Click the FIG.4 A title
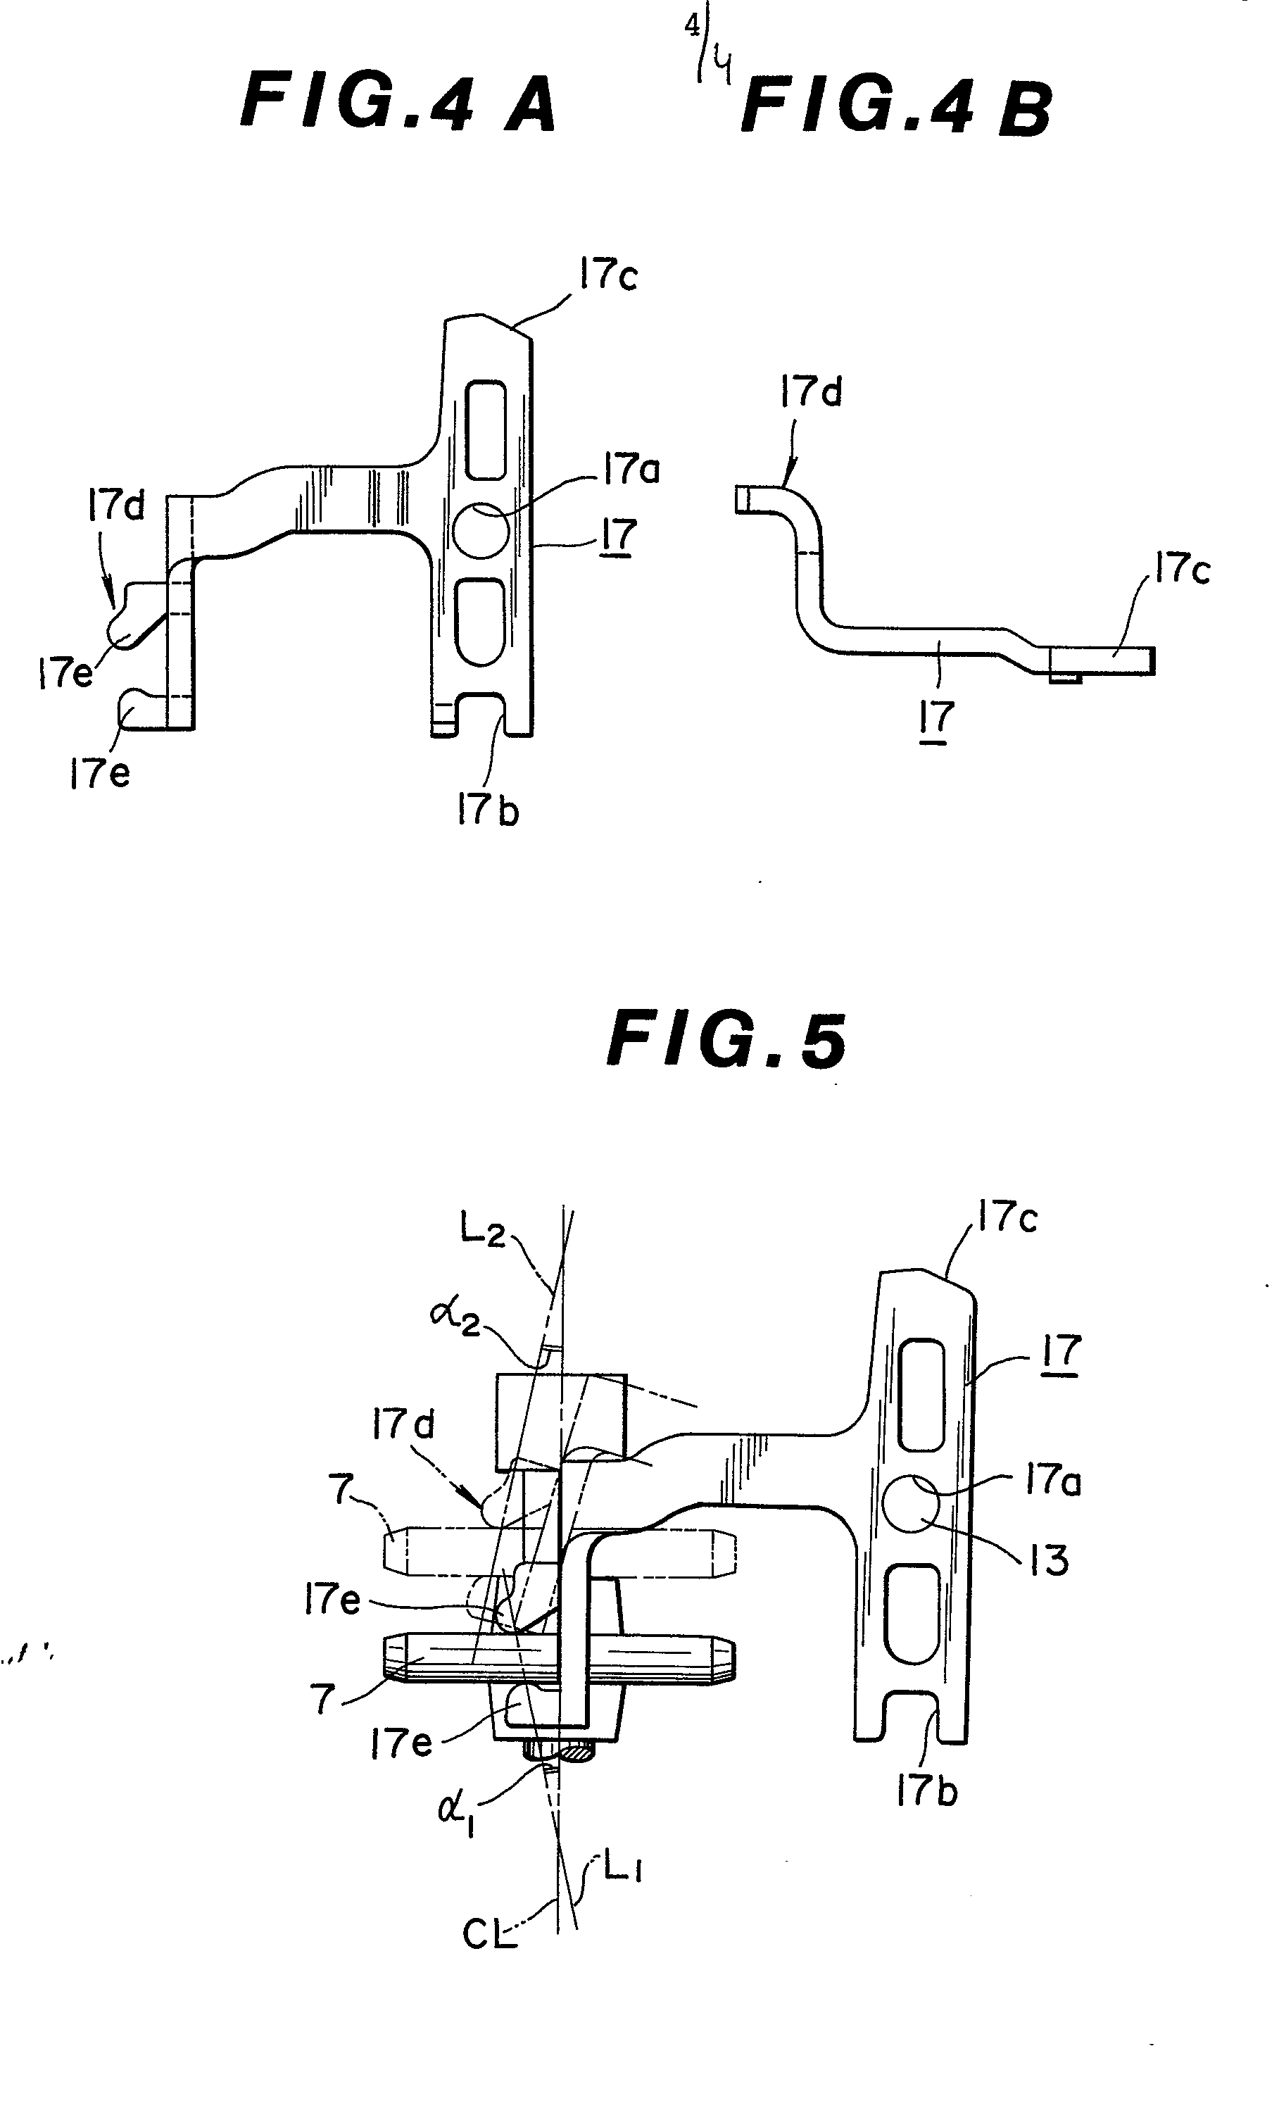coord(398,104)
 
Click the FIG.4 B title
coord(896,108)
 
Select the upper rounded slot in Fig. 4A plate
coord(486,429)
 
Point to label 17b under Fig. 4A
coord(487,810)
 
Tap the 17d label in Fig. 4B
coord(810,392)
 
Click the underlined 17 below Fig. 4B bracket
coord(937,717)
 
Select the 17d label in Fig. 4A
coord(116,506)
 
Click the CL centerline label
coord(489,1936)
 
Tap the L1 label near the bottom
coord(621,1869)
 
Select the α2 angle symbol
coord(457,1317)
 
